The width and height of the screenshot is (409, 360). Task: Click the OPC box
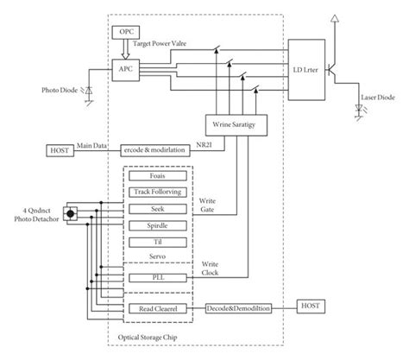(x=126, y=31)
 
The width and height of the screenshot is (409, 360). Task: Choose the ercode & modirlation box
(x=159, y=150)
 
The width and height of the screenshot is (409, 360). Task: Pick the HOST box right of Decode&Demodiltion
(x=311, y=306)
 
